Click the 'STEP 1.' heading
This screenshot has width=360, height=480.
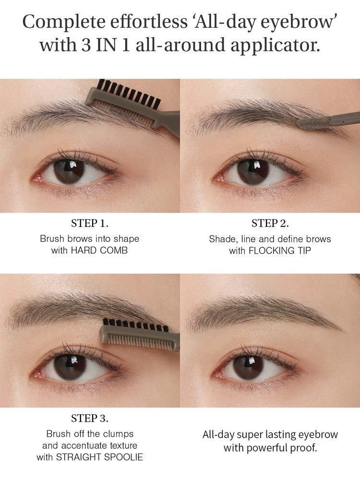coord(90,223)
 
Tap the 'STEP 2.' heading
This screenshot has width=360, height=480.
coord(270,224)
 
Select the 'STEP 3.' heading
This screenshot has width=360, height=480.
coord(90,418)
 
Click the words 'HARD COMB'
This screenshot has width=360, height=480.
coord(99,251)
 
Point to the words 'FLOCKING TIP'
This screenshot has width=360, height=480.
coord(280,251)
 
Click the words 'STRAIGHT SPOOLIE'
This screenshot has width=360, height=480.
coord(99,457)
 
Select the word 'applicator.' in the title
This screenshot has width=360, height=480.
coord(275,45)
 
